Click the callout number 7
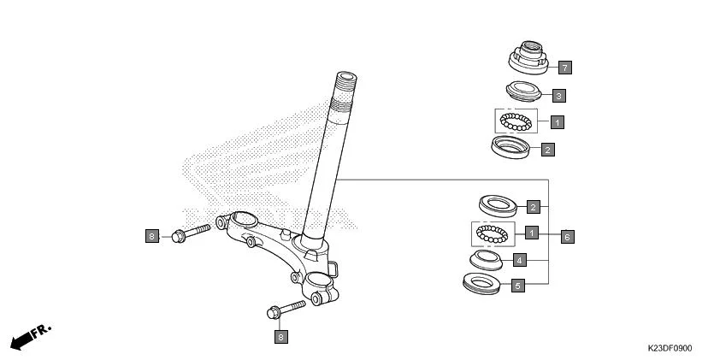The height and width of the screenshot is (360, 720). click(x=564, y=67)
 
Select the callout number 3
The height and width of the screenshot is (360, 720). click(x=558, y=96)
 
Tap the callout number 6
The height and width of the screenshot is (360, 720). click(x=567, y=236)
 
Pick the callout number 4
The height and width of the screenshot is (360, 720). click(x=518, y=259)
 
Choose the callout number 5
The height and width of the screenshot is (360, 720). click(x=517, y=286)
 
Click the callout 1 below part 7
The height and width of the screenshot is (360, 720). click(x=557, y=122)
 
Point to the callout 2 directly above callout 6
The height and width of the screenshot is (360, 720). click(x=533, y=207)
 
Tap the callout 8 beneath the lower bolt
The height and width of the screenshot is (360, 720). click(x=281, y=337)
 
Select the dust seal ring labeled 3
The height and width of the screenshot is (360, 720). click(x=523, y=91)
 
